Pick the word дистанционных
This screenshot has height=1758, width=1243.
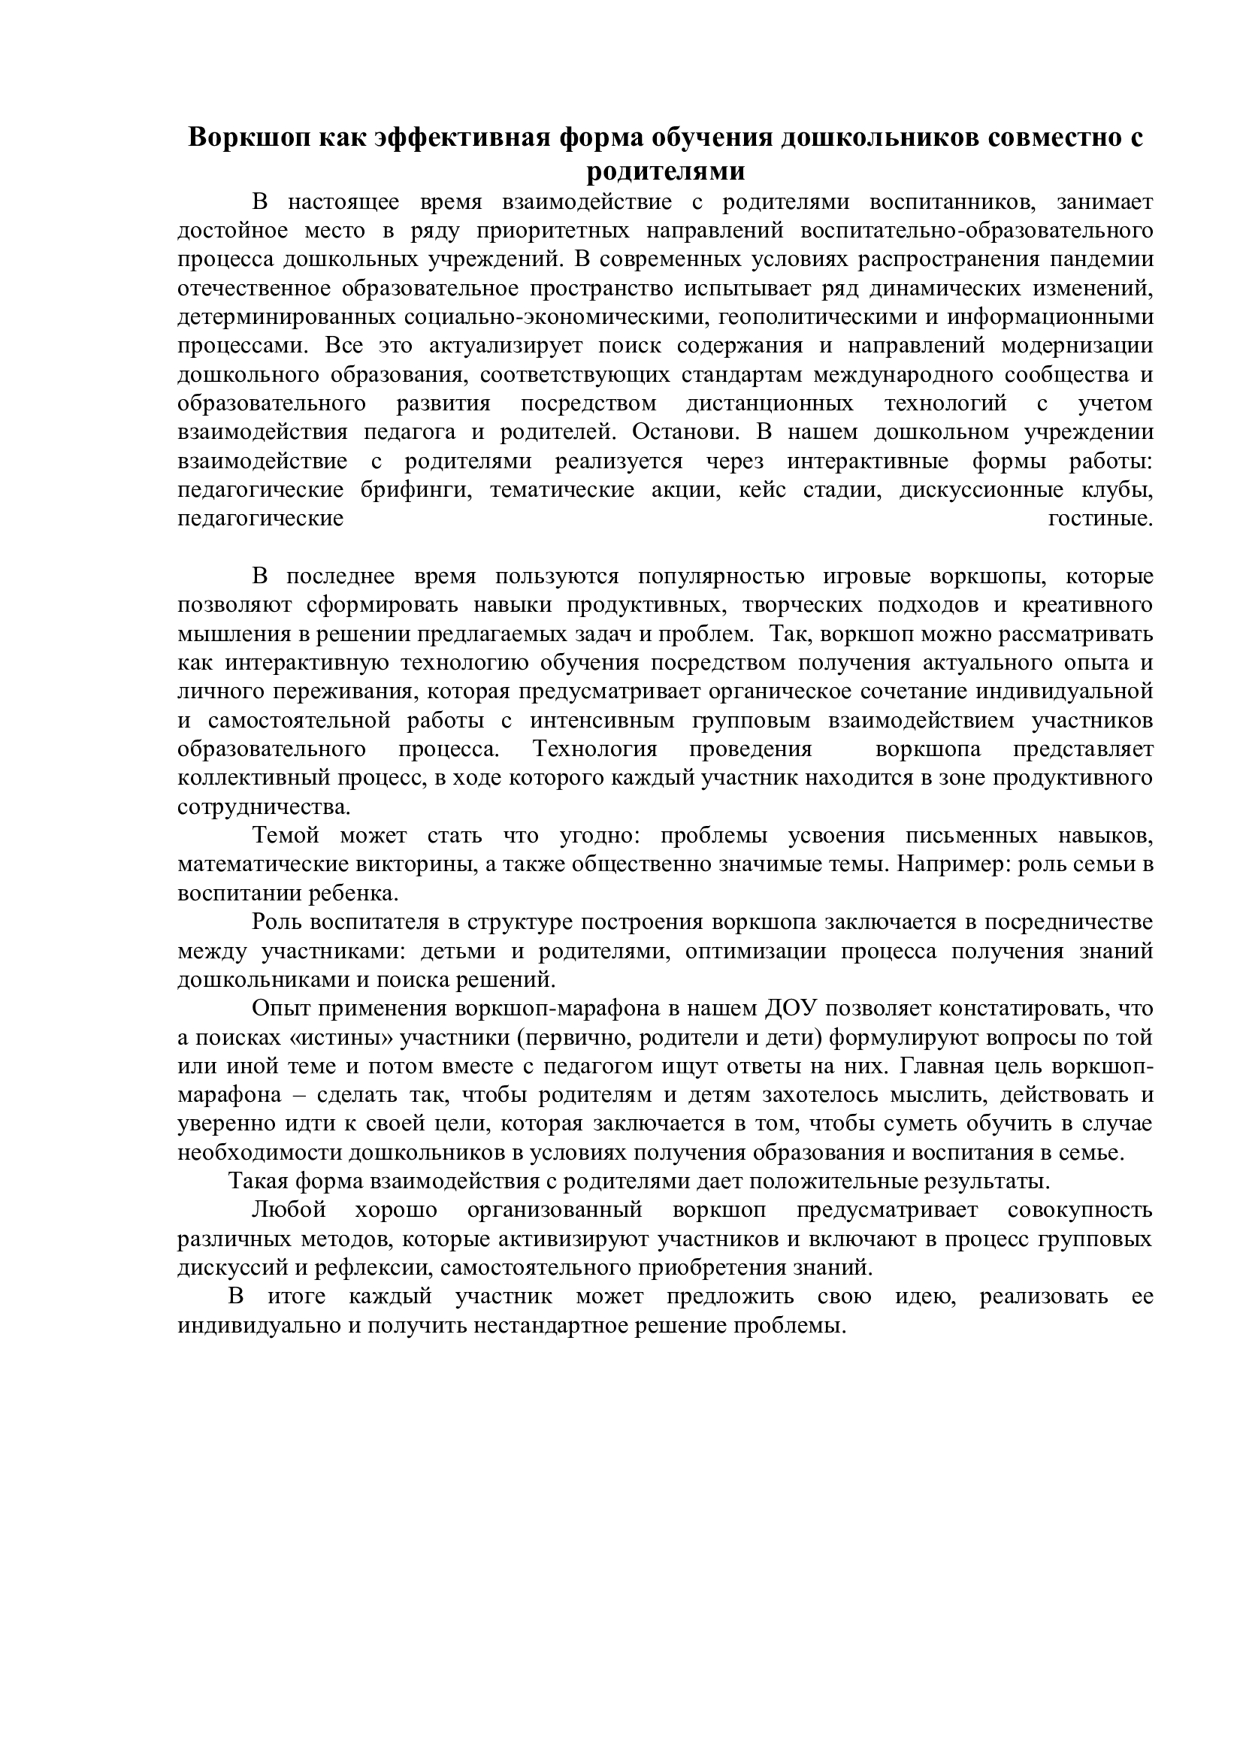point(770,404)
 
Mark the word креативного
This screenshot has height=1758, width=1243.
point(1088,606)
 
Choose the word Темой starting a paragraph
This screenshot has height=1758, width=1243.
point(286,836)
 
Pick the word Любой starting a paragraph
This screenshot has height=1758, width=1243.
point(289,1211)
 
